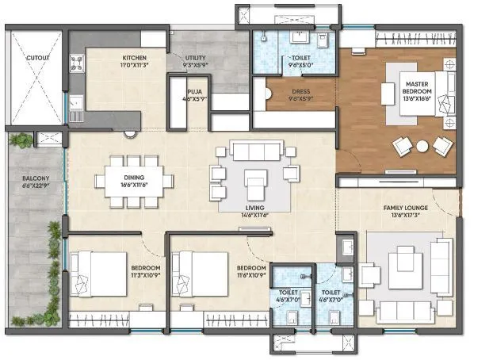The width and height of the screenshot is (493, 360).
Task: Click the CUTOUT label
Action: (37, 58)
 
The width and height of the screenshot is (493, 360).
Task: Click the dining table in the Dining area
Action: (133, 180)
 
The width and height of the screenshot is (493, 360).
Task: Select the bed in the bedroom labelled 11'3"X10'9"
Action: (97, 274)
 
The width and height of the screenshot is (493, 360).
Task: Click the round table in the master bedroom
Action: (422, 146)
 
